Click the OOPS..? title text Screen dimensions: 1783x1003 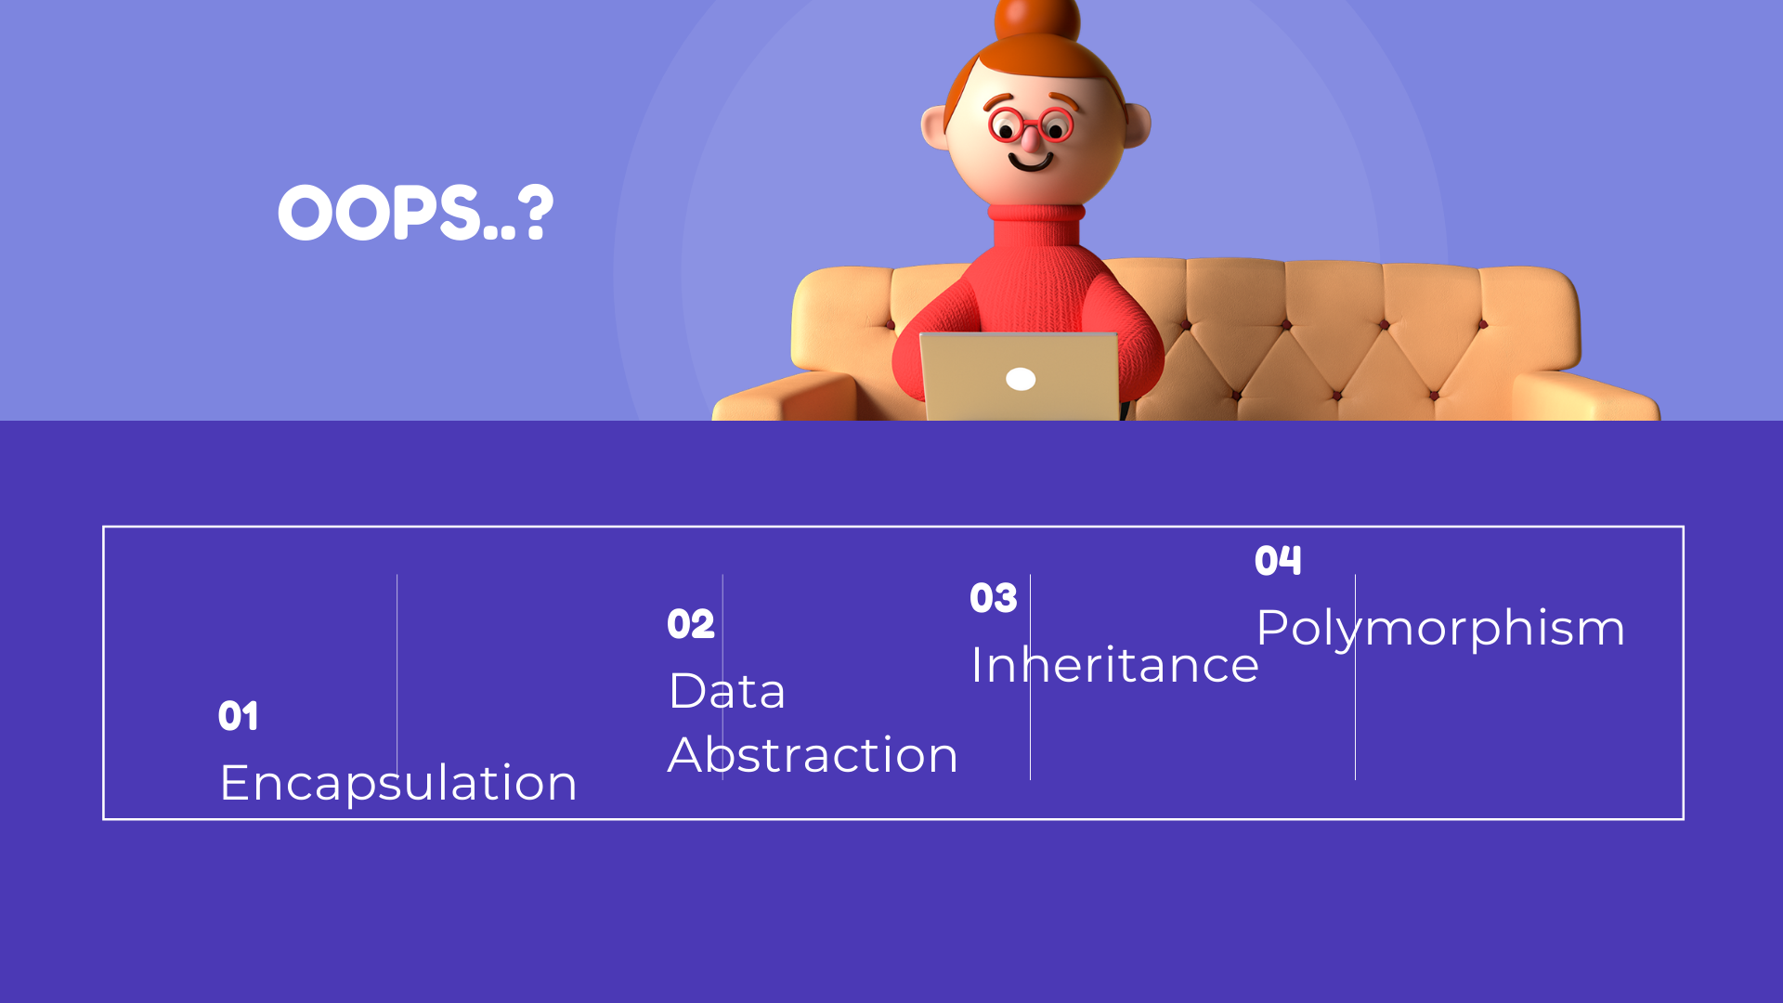pos(415,213)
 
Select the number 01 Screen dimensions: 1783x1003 pos(239,716)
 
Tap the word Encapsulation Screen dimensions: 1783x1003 pos(398,783)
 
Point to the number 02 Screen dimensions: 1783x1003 pos(691,624)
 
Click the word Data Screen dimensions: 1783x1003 pos(727,691)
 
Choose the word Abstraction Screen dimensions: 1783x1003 pos(813,754)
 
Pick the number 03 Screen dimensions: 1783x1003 pos(994,598)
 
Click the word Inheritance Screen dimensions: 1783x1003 pos(1114,664)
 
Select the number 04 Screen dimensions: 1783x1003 pos(1278,560)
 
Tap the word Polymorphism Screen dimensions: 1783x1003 pos(1440,630)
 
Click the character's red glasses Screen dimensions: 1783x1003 pos(1031,125)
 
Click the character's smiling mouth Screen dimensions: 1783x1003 pos(1030,163)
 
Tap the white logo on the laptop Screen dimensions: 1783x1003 pos(1021,379)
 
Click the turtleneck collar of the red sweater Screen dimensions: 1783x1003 pos(1035,224)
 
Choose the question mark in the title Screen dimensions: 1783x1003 pos(536,213)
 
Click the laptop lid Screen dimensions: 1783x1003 pos(1020,377)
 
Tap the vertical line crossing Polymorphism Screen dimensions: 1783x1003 pos(1355,677)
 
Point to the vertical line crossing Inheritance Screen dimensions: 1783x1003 pos(1030,677)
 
